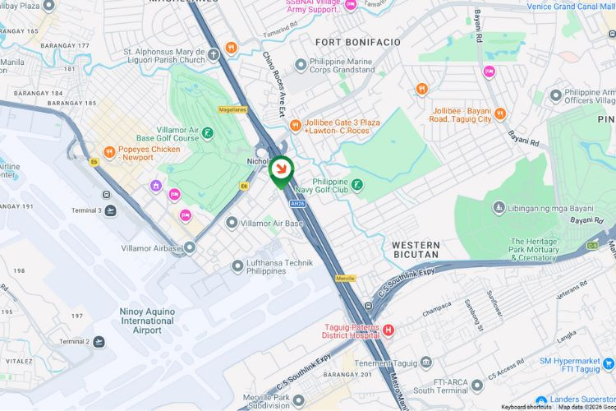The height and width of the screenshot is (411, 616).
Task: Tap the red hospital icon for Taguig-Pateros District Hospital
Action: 388,330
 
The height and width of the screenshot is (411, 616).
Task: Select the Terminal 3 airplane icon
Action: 110,210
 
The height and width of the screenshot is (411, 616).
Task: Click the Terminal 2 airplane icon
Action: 99,341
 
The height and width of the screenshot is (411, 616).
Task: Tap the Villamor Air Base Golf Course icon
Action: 208,132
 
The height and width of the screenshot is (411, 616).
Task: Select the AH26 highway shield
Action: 297,203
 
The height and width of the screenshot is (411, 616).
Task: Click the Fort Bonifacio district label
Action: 357,41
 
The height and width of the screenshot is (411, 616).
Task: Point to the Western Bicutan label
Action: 416,251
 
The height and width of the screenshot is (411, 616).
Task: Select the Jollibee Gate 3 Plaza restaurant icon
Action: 296,124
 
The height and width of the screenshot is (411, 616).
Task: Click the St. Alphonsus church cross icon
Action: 214,55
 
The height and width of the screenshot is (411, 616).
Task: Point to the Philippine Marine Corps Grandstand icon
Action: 301,63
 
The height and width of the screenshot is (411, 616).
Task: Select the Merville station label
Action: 346,278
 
